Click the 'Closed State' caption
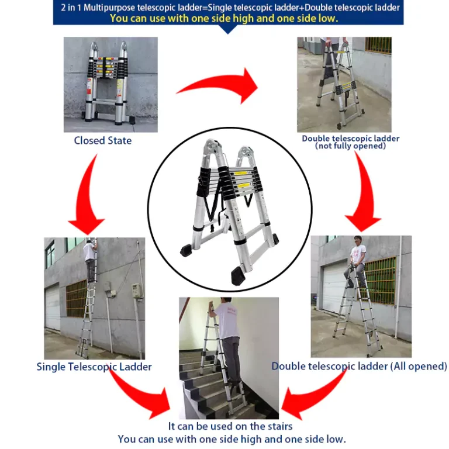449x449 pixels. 103,140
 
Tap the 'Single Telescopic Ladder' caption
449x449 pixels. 94,367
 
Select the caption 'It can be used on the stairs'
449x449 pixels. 230,426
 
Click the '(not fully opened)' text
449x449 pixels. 351,146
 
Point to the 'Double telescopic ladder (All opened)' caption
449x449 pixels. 359,366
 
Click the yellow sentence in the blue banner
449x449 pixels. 224,19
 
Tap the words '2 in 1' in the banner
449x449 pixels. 71,8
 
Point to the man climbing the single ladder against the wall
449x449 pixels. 90,261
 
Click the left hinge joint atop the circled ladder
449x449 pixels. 211,148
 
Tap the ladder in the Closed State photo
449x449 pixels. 106,83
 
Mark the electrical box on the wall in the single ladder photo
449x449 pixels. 137,291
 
